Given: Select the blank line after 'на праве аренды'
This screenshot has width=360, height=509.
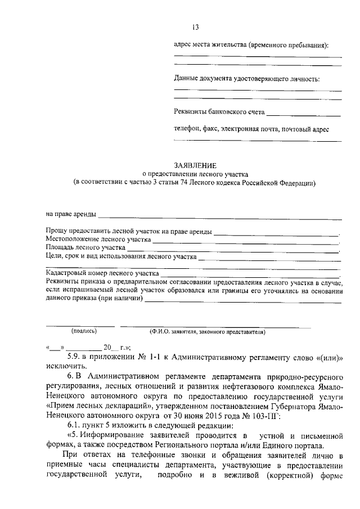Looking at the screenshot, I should click(x=219, y=214).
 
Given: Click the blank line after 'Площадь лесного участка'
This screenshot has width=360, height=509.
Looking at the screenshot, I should click(x=233, y=247).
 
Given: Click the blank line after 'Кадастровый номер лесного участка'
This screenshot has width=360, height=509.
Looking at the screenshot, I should click(x=247, y=273).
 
